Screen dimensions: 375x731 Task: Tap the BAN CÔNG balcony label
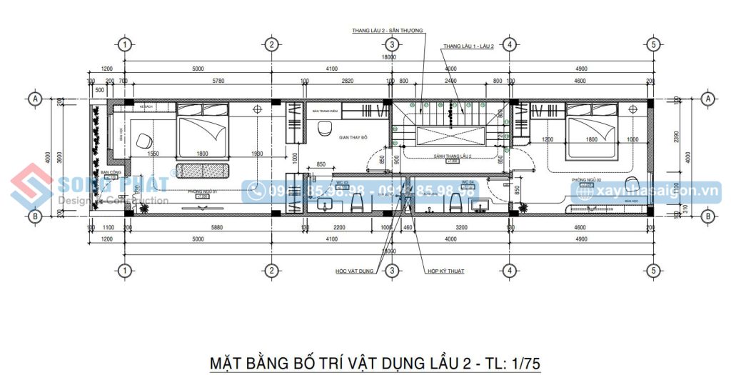[x=109, y=172]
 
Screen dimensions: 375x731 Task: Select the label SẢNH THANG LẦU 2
[x=452, y=155]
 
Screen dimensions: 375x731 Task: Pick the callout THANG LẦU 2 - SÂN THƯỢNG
[x=387, y=31]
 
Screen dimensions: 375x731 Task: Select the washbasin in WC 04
[x=480, y=206]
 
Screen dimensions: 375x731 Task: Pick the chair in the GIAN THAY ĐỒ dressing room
[x=325, y=129]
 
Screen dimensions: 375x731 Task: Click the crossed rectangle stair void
[x=449, y=136]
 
